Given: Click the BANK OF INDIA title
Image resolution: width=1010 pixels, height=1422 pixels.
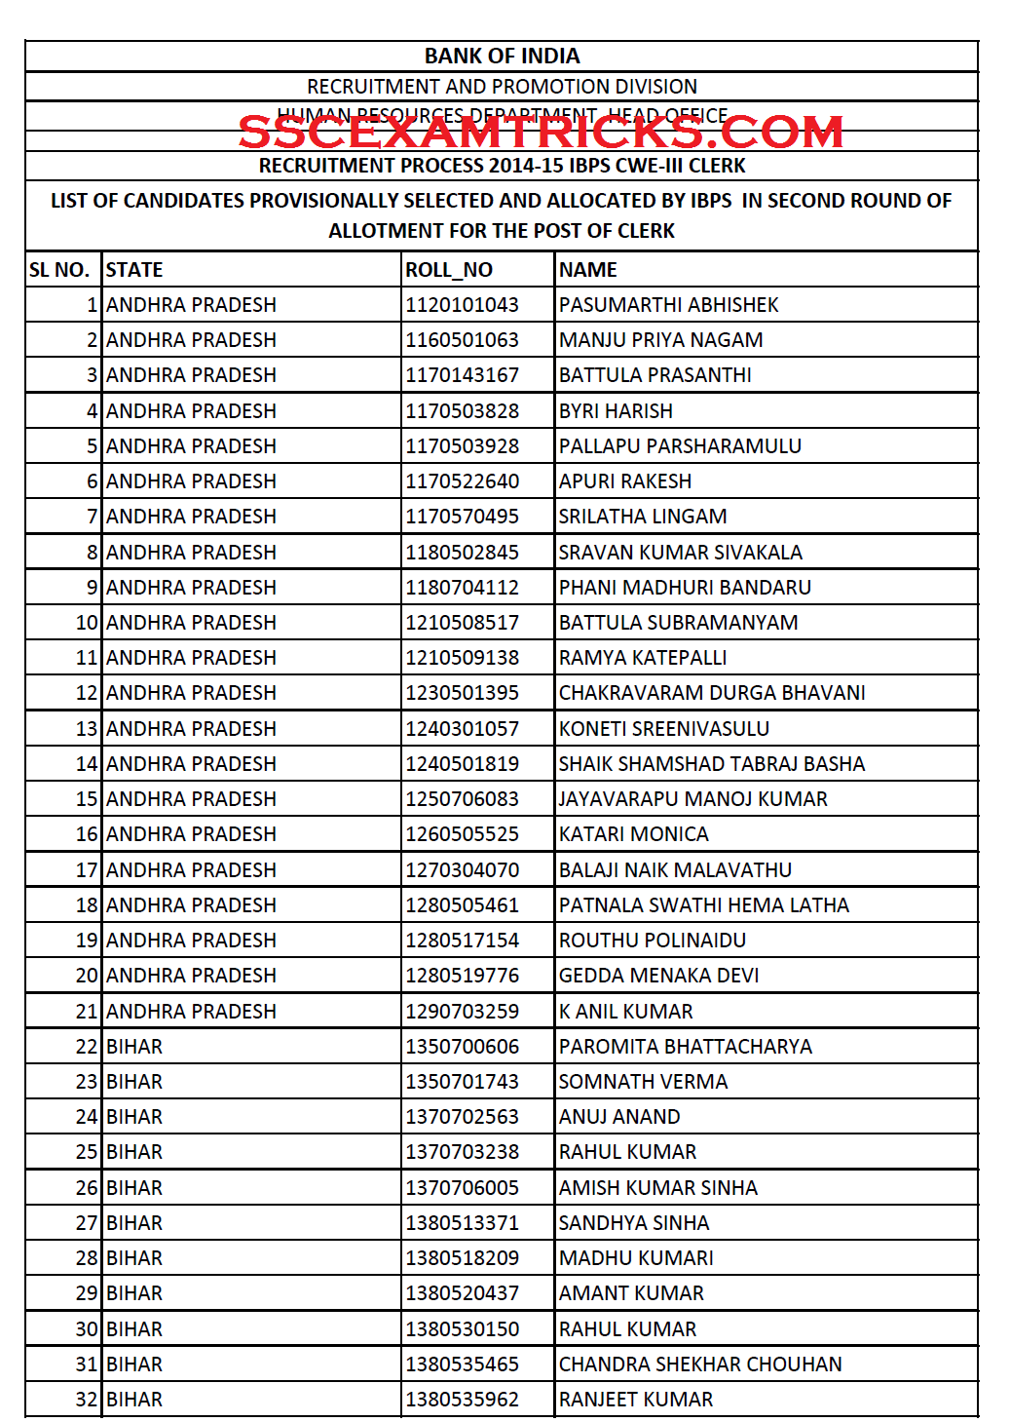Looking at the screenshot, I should click(502, 57).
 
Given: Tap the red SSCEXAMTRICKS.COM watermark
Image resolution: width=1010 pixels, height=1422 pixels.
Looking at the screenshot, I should click(541, 133).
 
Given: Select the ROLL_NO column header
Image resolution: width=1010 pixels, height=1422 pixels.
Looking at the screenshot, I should click(449, 270).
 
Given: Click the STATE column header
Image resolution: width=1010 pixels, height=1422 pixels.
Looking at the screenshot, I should click(134, 270).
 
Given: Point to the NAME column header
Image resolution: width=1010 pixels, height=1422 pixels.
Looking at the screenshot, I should click(588, 270).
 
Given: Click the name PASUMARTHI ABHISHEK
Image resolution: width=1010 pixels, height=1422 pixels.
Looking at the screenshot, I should click(668, 305).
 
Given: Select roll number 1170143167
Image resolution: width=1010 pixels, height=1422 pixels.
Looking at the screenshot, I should click(463, 375).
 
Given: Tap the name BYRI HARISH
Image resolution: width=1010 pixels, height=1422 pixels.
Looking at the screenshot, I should click(616, 411).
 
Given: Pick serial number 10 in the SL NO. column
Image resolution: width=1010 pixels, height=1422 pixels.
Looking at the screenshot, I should click(87, 623).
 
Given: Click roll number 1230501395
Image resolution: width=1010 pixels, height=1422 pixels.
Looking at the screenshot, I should click(463, 693).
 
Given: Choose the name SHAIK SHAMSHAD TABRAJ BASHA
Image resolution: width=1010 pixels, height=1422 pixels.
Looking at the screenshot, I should click(712, 764).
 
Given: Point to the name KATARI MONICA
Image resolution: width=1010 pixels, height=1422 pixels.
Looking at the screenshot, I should click(633, 834).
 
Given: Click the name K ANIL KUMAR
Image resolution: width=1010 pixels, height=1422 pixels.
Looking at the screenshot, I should click(626, 1012).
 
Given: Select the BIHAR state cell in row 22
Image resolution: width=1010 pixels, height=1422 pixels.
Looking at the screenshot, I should click(134, 1047).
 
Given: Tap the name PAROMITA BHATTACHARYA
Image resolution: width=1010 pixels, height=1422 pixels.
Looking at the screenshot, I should click(686, 1047).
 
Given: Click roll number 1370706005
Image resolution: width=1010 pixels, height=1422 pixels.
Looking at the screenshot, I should click(463, 1188).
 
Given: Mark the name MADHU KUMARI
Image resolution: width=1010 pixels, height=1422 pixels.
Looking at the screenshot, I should click(636, 1258).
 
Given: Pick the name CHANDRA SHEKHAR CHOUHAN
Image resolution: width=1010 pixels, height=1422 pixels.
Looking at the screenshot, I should click(700, 1364).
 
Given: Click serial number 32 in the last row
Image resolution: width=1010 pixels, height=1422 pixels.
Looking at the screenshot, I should click(87, 1400).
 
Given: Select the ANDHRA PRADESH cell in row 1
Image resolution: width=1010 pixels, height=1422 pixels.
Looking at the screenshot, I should click(191, 305).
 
